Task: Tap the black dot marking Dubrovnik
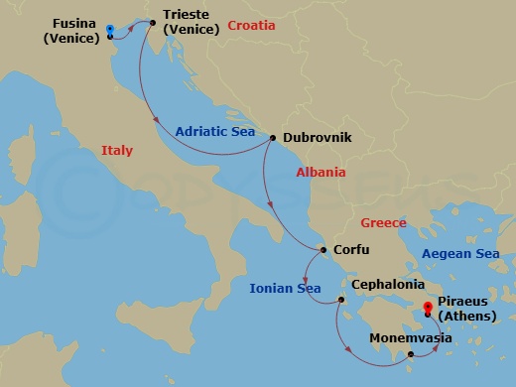[x=273, y=138]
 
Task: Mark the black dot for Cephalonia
[x=341, y=300]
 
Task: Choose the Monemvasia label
[x=410, y=338]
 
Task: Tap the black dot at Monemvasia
[x=410, y=352]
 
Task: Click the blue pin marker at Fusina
[x=110, y=31]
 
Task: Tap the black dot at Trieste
[x=153, y=20]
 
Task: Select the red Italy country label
[x=116, y=151]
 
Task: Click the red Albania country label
[x=321, y=172]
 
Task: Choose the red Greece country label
[x=383, y=222]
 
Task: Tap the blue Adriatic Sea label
[x=215, y=130]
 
